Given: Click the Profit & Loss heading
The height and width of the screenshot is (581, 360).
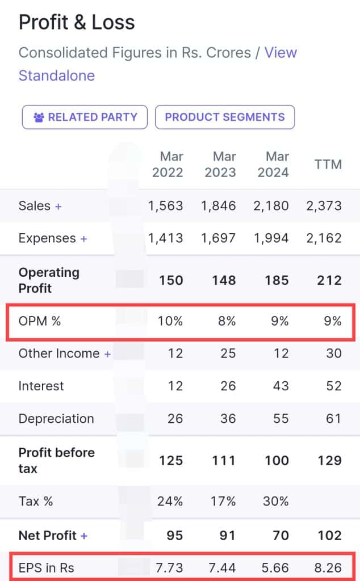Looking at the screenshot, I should coord(77,22).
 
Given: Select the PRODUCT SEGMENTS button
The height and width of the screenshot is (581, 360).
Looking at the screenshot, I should coord(224,117).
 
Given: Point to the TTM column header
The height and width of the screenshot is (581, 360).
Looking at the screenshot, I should coord(328,165).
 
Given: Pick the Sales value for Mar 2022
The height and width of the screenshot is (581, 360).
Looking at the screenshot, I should coord(166,205).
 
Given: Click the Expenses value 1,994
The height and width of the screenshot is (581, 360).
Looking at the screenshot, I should coord(273,238).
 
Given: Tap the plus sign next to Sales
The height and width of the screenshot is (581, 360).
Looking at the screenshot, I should coord(58,206).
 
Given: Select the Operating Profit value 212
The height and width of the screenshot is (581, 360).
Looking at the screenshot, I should coord(329,280).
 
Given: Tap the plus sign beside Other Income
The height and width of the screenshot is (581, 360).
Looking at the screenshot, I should coord(107,354).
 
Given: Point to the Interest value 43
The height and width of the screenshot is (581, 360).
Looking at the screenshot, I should coord(281,386).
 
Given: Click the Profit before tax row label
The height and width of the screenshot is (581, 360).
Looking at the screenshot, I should coord(56,460).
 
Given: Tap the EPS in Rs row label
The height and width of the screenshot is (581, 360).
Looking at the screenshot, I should coord(47,567).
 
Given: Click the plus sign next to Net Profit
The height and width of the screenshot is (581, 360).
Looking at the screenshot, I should coord(84,536).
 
